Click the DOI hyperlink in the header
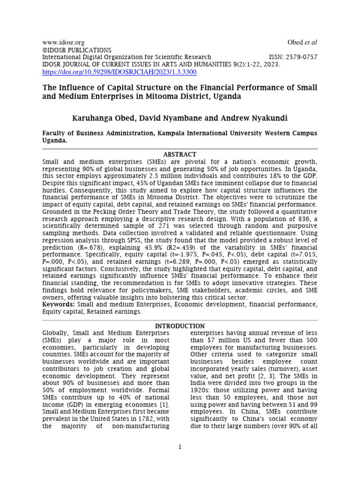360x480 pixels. (119, 72)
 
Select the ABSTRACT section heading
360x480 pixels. (180, 154)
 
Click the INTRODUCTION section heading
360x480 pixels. (180, 326)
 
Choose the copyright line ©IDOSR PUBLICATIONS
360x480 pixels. (77, 50)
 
